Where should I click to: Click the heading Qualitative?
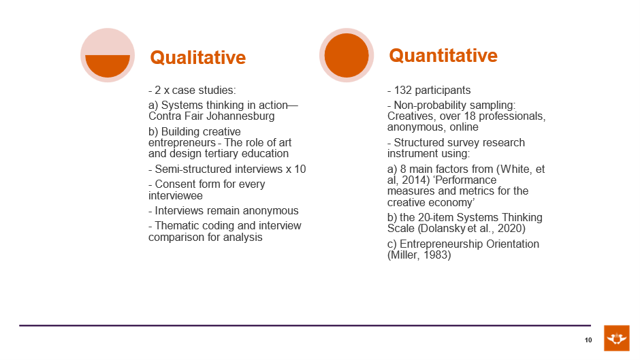pyautogui.click(x=198, y=58)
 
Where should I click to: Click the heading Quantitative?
pyautogui.click(x=443, y=56)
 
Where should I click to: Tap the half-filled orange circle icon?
pyautogui.click(x=108, y=55)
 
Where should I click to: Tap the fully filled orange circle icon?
pyautogui.click(x=347, y=55)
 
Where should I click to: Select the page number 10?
pyautogui.click(x=588, y=340)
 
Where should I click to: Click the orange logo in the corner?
pyautogui.click(x=617, y=338)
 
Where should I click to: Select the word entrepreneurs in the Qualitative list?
pyautogui.click(x=182, y=143)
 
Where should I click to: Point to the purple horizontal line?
pyautogui.click(x=305, y=325)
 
